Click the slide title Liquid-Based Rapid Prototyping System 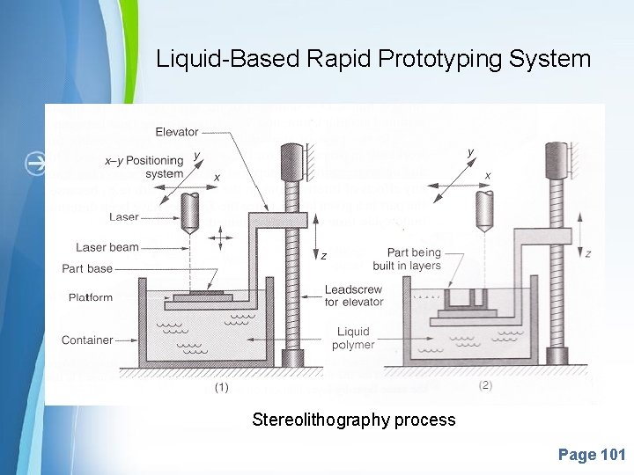pyautogui.click(x=373, y=59)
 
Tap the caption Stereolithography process pyautogui.click(x=353, y=420)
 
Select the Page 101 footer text pyautogui.click(x=591, y=455)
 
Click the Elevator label pyautogui.click(x=177, y=132)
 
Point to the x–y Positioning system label pyautogui.click(x=144, y=167)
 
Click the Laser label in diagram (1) pyautogui.click(x=124, y=216)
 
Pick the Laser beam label pyautogui.click(x=107, y=247)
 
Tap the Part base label pyautogui.click(x=87, y=268)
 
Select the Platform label pyautogui.click(x=91, y=297)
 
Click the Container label pyautogui.click(x=87, y=340)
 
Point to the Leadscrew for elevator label pyautogui.click(x=354, y=296)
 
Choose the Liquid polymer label pyautogui.click(x=354, y=338)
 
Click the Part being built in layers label pyautogui.click(x=413, y=259)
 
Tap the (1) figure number pyautogui.click(x=222, y=387)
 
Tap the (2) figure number pyautogui.click(x=485, y=384)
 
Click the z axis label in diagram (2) pyautogui.click(x=587, y=253)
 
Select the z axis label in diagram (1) pyautogui.click(x=324, y=256)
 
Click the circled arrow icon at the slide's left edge pyautogui.click(x=36, y=164)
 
